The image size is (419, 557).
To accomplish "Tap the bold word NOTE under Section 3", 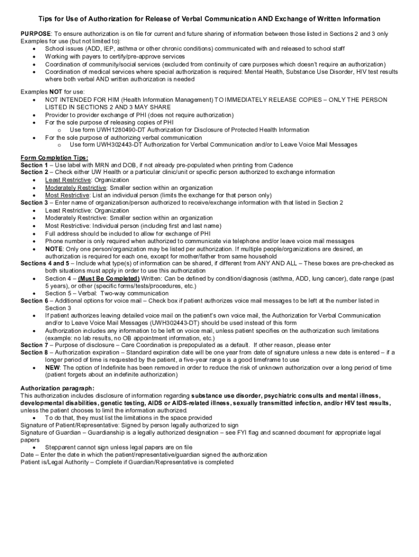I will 53,249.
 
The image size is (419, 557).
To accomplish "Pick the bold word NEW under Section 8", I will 52,368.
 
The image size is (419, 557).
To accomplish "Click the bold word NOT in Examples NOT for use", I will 56,92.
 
